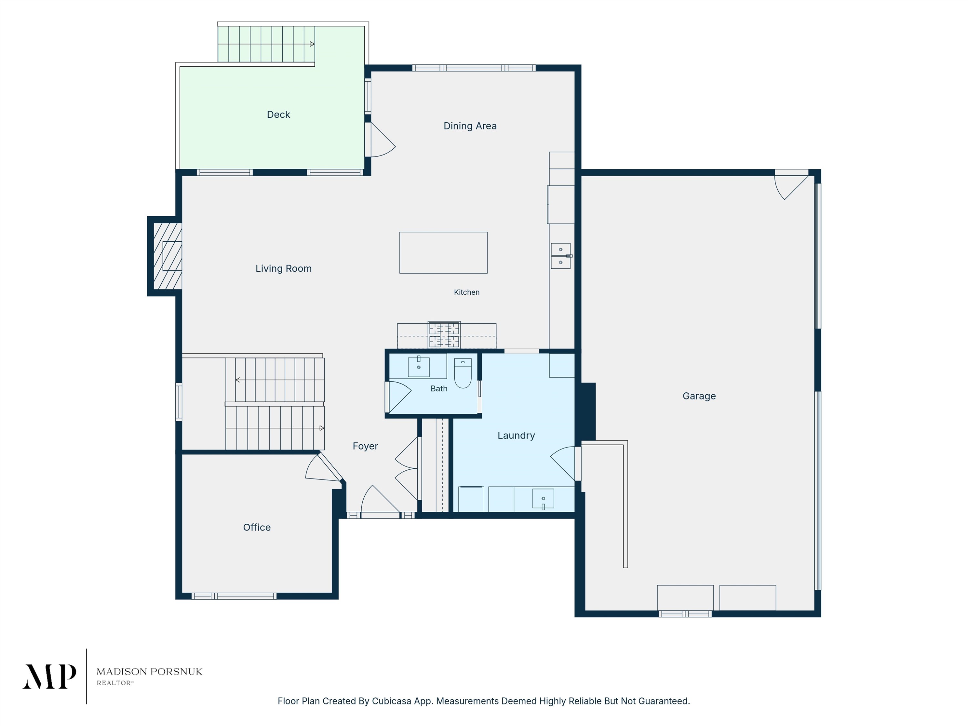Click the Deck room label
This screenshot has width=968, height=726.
(278, 115)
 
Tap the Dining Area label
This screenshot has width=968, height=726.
(470, 126)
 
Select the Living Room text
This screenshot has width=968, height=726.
(284, 269)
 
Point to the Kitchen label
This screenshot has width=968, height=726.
(467, 292)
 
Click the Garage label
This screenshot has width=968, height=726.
(699, 396)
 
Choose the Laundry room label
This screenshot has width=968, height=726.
(516, 435)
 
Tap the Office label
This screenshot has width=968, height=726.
(257, 527)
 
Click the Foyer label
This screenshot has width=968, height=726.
(365, 446)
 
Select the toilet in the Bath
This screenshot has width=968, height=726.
(463, 373)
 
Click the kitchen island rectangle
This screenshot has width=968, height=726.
(443, 253)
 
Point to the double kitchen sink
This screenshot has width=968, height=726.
(560, 256)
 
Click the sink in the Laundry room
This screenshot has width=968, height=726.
(543, 499)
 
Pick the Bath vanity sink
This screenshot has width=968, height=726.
(418, 367)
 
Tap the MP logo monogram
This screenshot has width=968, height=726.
(49, 677)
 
